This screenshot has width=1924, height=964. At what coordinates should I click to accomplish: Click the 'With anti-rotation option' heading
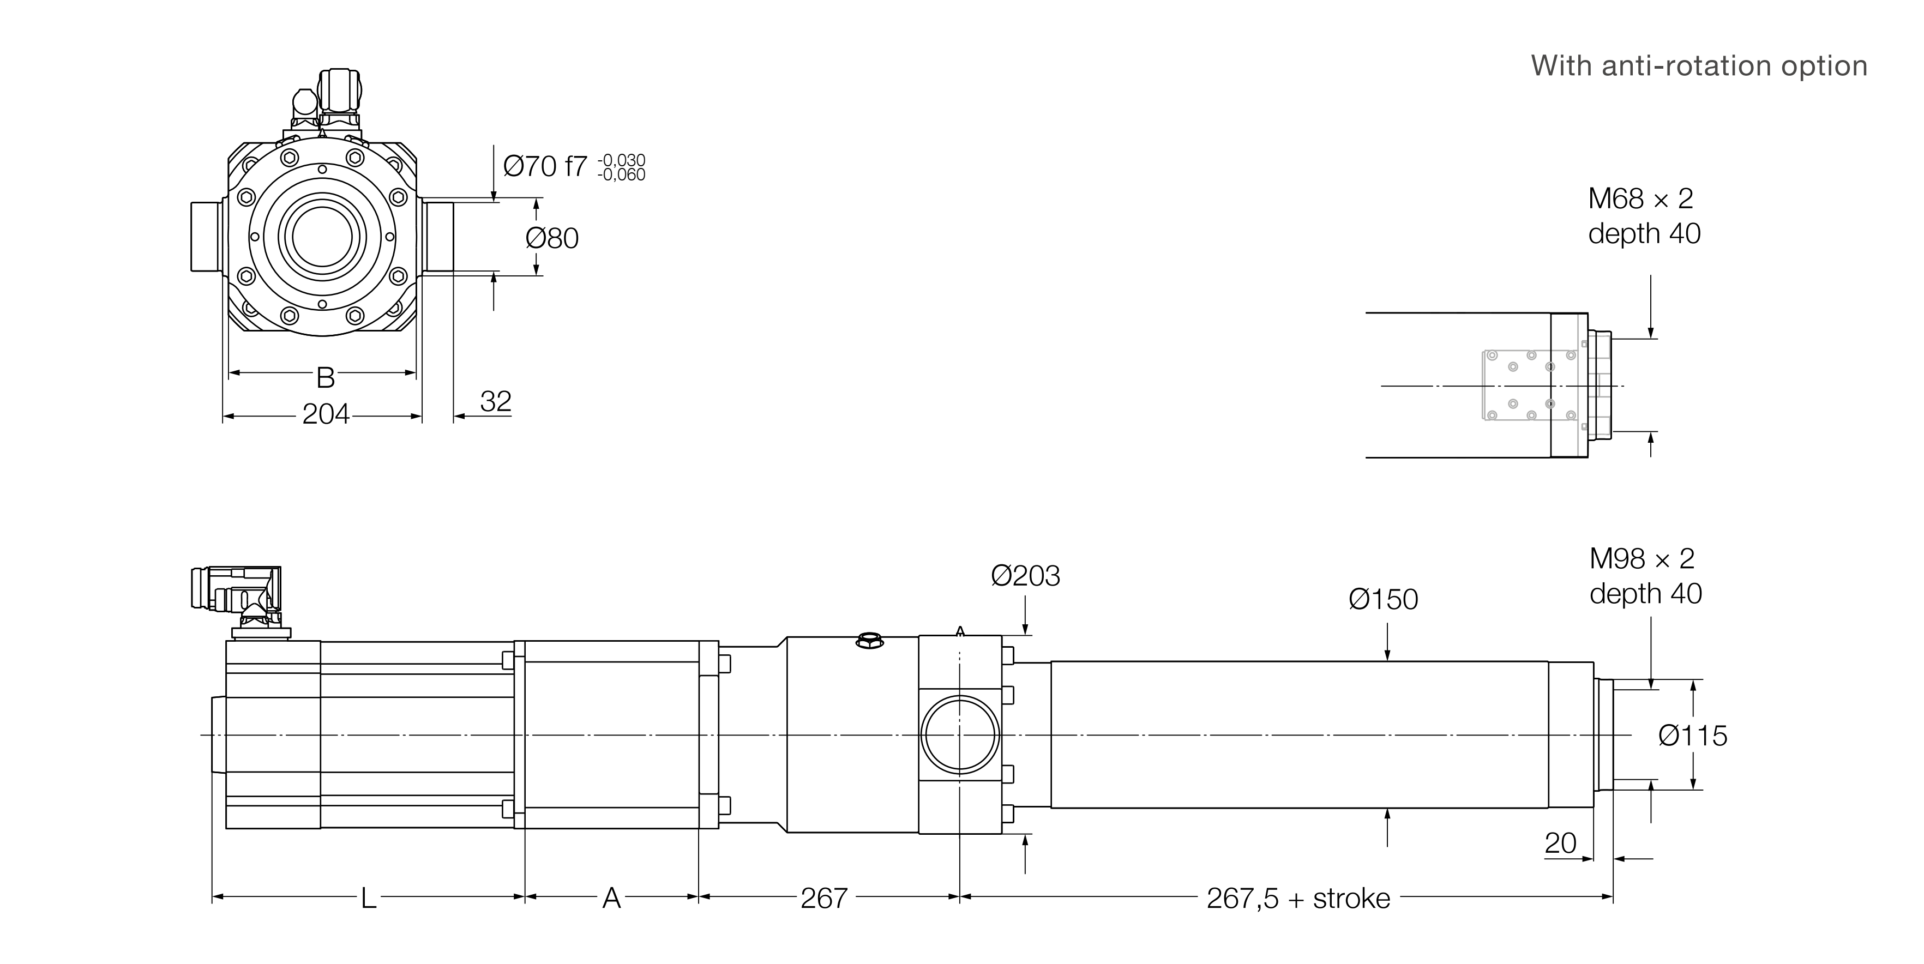tap(1698, 67)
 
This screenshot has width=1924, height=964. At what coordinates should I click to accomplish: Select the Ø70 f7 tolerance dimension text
tap(574, 166)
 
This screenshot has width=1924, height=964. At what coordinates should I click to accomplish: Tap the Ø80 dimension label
tap(552, 238)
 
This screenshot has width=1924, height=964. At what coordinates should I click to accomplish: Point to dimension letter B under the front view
tap(325, 378)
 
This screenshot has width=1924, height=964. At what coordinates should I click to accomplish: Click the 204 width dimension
tap(326, 414)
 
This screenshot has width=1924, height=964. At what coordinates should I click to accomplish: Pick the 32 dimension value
tap(495, 402)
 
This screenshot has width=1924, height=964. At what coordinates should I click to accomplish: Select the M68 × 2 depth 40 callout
tap(1644, 216)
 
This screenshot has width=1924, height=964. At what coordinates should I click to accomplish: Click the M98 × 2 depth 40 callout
tap(1645, 576)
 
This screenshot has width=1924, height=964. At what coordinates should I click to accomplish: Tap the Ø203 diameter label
tap(1025, 576)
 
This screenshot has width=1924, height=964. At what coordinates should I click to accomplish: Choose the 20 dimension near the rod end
tap(1560, 843)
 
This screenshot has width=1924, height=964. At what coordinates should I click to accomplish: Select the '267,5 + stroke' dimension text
tap(1298, 898)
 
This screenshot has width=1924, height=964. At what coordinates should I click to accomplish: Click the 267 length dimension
tap(824, 898)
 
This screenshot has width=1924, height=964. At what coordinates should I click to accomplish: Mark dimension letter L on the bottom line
tap(368, 898)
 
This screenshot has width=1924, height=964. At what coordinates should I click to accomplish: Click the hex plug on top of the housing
tap(869, 640)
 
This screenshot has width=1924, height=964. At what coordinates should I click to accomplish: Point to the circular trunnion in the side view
tap(960, 735)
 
